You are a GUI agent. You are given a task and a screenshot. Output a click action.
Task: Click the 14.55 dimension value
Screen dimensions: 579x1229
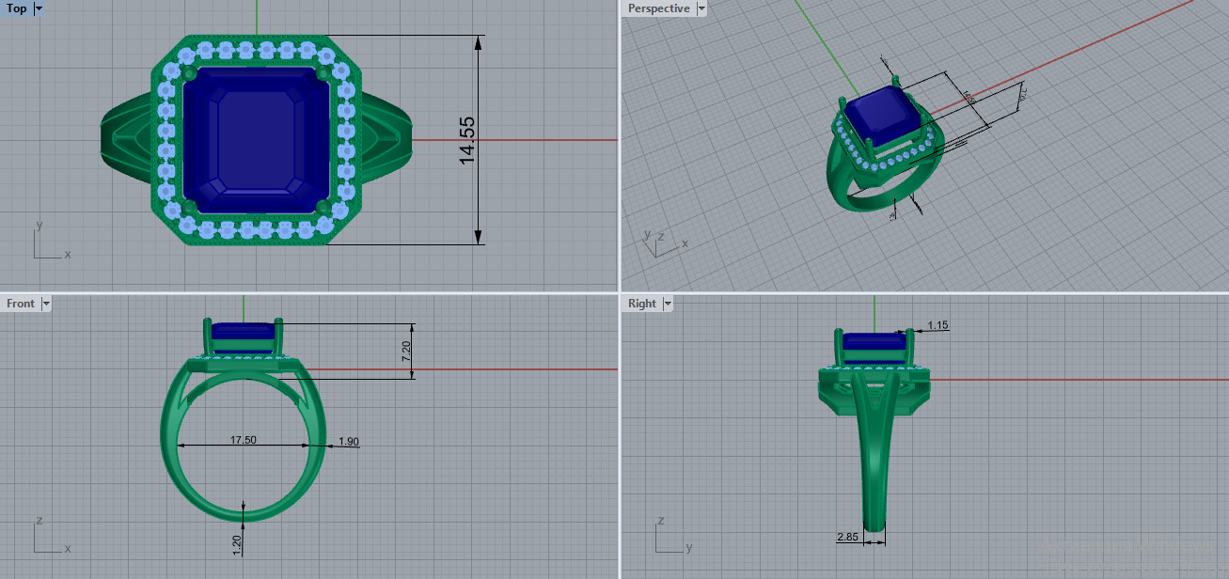click(x=467, y=141)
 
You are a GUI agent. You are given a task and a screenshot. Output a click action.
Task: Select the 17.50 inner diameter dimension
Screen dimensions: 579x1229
click(x=244, y=440)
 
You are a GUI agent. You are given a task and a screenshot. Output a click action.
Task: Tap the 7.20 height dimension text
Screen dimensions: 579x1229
click(x=406, y=352)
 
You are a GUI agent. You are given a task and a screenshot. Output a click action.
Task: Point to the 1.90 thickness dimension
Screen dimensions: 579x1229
click(x=348, y=442)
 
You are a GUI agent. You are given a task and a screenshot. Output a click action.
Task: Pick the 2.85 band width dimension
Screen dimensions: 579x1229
click(x=848, y=537)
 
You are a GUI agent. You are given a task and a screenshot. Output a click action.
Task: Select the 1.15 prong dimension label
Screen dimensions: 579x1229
click(x=938, y=325)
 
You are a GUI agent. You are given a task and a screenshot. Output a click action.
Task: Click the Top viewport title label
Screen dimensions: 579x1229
click(x=17, y=8)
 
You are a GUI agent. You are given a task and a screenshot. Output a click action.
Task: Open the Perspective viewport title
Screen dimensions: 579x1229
click(x=658, y=8)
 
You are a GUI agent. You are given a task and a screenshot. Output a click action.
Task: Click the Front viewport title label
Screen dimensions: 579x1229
click(x=21, y=304)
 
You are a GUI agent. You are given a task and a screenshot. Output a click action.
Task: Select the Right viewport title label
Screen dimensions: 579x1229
click(x=642, y=304)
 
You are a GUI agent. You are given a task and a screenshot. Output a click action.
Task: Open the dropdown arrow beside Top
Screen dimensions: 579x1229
click(x=39, y=8)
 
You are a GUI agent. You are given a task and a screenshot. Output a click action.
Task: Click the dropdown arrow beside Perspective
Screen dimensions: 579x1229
click(x=701, y=8)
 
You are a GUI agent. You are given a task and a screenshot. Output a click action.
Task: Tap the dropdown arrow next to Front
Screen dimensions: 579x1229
click(x=46, y=304)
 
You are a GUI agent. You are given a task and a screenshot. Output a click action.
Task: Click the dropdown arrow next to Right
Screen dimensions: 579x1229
click(x=668, y=304)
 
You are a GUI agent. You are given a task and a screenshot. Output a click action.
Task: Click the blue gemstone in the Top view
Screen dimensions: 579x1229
click(x=256, y=139)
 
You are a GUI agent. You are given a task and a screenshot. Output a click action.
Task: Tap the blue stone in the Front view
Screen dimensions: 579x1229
click(x=244, y=332)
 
